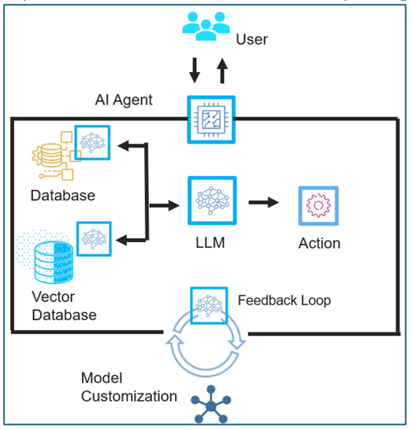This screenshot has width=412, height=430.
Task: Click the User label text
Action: coord(252,39)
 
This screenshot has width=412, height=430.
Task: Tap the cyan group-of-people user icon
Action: coord(206,26)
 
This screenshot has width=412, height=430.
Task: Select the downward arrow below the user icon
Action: coord(195,70)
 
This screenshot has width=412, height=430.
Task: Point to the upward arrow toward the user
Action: coord(222,71)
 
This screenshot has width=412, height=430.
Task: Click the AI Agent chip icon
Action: coord(211,120)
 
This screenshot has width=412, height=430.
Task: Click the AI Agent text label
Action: coord(124,100)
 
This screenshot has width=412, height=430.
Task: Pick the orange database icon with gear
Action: coord(53,156)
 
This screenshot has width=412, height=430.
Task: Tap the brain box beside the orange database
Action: coord(92,143)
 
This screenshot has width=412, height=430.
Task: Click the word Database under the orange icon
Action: coord(63,196)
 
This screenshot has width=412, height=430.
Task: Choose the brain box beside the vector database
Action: coord(94,239)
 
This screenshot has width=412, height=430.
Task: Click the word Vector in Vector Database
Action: coord(54,296)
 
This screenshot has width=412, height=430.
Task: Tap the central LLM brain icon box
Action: coord(212,200)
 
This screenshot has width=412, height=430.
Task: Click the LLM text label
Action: coord(210,243)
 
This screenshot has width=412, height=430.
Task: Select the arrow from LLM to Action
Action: coord(263,203)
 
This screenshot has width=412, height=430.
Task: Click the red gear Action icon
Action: coord(318,206)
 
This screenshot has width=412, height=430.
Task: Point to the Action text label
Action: coord(319,243)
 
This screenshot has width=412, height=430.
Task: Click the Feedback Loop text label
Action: coord(284,300)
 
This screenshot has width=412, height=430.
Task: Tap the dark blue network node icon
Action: coord(211,404)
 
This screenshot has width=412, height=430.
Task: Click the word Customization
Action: coord(129,396)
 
